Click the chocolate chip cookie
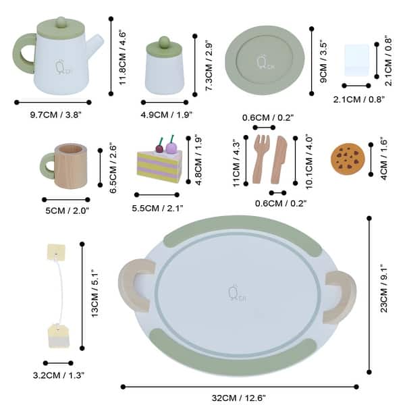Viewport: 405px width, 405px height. [x=348, y=158]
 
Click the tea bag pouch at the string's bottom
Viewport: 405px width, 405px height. [x=59, y=335]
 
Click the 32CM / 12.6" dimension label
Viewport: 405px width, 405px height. [x=239, y=398]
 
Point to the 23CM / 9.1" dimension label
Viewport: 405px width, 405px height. [x=383, y=294]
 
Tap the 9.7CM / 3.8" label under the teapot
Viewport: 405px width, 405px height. [x=55, y=115]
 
